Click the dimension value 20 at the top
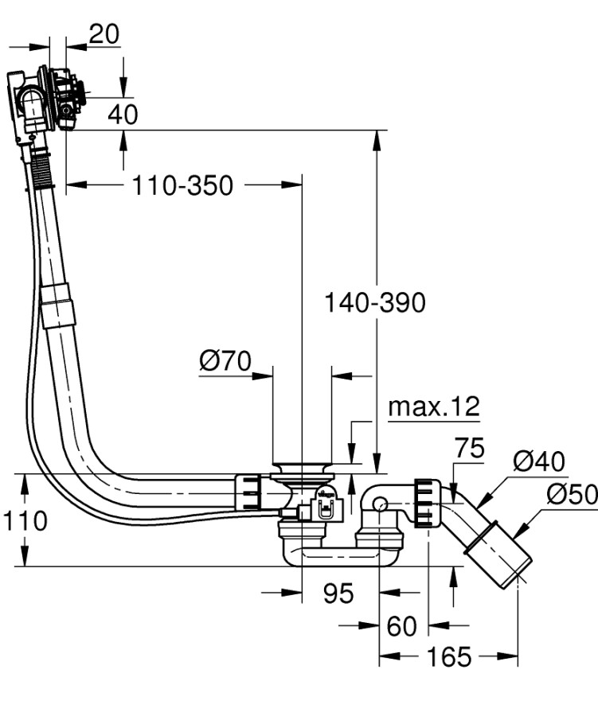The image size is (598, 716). tap(104, 34)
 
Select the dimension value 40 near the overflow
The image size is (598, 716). tap(122, 114)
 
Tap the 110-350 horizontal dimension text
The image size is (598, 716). tap(182, 186)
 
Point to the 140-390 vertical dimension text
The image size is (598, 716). tap(374, 302)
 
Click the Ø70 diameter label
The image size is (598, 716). tap(225, 362)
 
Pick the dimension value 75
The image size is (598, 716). tap(469, 449)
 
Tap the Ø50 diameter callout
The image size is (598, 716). tap(571, 495)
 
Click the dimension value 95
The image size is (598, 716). tap(338, 593)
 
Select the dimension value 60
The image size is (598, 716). tap(401, 626)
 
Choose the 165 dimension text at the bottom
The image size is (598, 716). tap(449, 657)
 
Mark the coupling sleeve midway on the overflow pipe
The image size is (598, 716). tap(58, 306)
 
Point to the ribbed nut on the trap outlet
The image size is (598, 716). tap(426, 503)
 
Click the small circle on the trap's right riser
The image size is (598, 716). tap(379, 504)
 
